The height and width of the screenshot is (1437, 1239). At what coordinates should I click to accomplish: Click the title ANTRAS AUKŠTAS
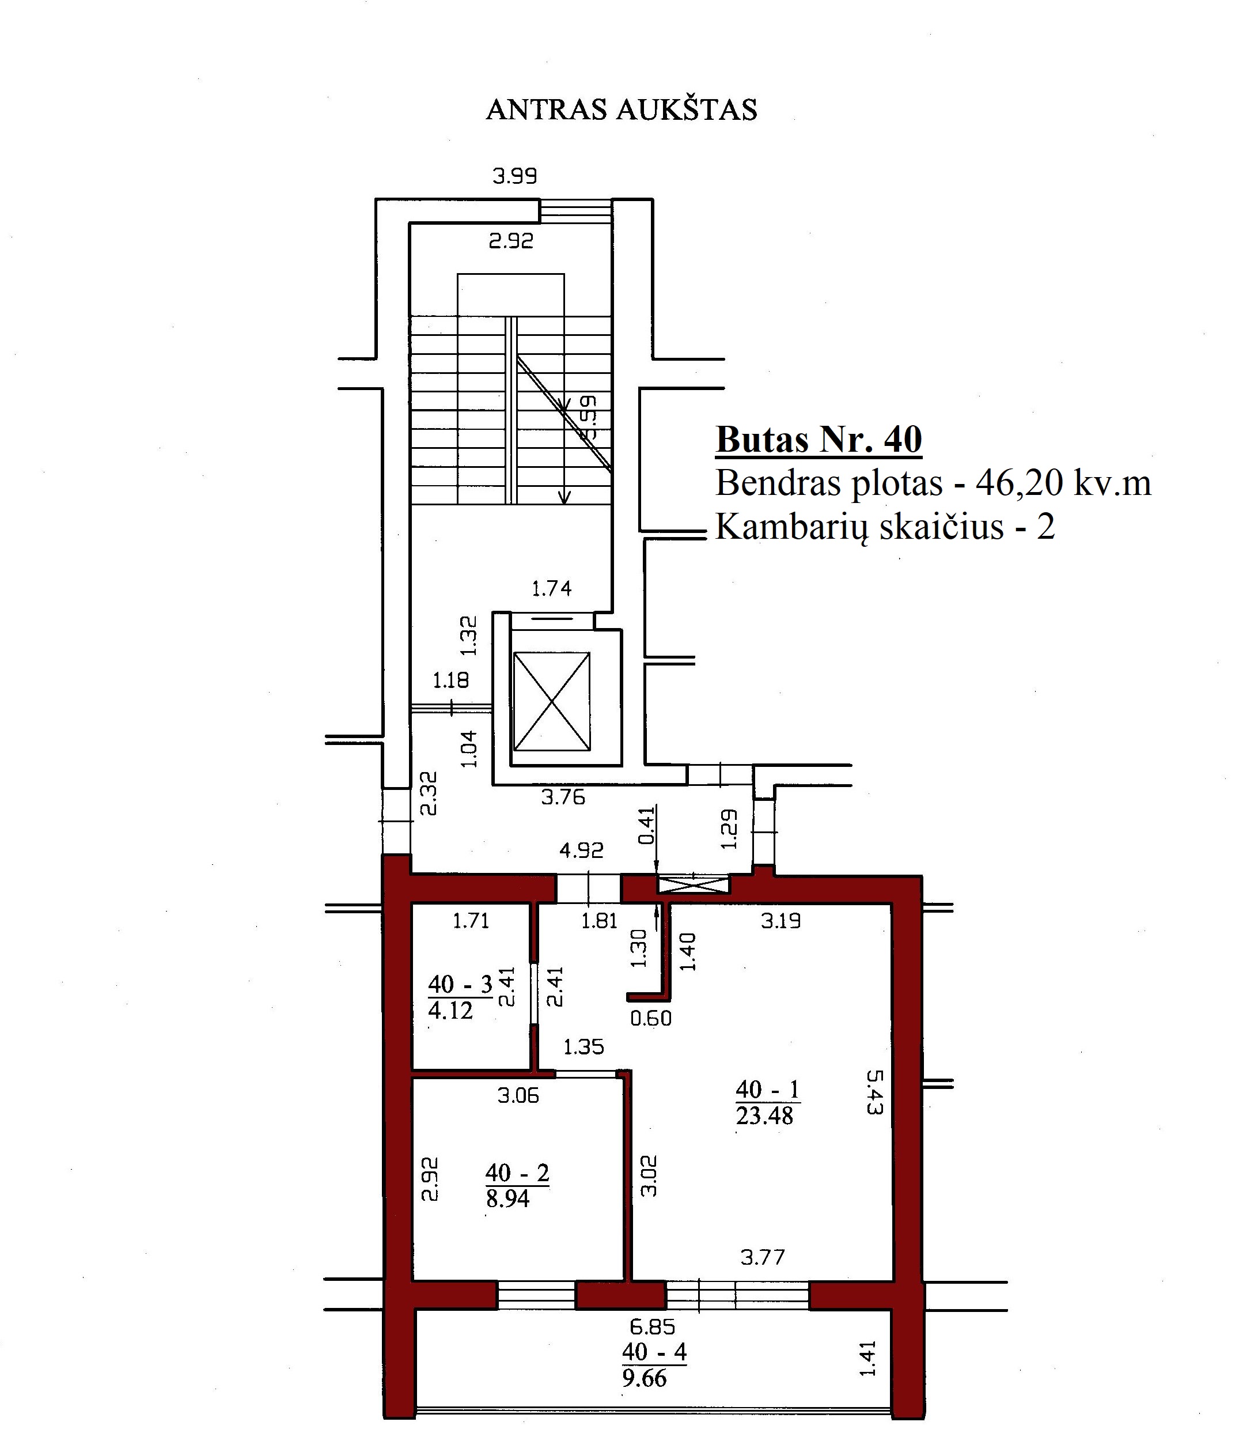tap(622, 109)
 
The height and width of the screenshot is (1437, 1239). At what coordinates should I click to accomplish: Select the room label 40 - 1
tap(767, 1090)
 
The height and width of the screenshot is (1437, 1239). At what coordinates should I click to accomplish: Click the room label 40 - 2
tap(517, 1173)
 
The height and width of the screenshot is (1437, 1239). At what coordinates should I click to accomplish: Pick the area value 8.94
tap(507, 1199)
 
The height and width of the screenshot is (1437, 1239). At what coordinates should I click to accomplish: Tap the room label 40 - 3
tap(460, 984)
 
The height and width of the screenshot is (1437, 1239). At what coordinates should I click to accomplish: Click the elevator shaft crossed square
tap(551, 701)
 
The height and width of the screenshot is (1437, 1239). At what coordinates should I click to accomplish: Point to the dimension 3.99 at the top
tap(514, 176)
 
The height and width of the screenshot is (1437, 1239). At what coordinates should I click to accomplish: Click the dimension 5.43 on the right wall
tap(874, 1092)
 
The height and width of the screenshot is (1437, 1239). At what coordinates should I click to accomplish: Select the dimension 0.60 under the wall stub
tap(651, 1019)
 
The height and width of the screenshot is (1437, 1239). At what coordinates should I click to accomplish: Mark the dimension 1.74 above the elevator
tap(551, 589)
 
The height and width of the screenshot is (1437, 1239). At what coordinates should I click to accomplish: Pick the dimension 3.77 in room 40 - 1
tap(763, 1257)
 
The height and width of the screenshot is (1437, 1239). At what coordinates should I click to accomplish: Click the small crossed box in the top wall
tap(694, 884)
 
